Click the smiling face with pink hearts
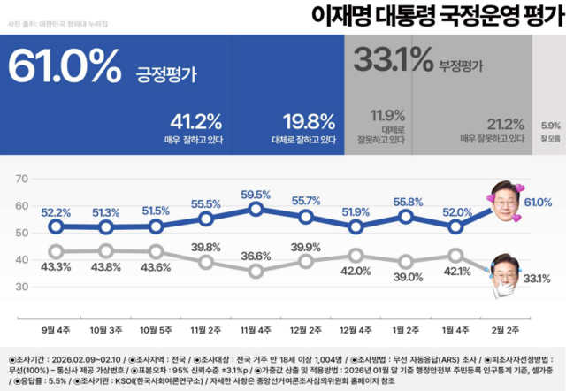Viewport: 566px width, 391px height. pos(505,203)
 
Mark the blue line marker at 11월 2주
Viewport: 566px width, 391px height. pos(206,218)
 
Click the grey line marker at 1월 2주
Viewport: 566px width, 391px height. pos(406,261)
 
